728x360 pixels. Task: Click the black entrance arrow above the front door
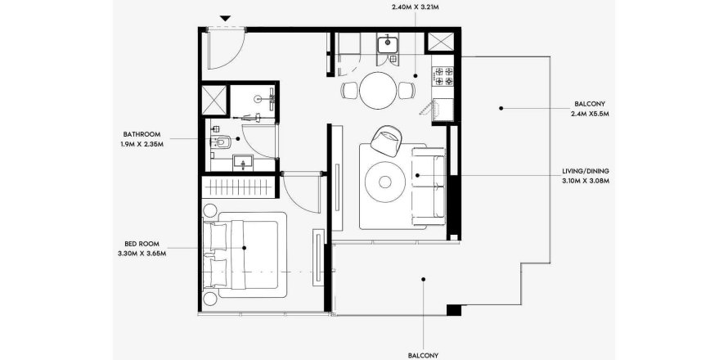point(225,18)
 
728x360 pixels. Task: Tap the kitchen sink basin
point(387,44)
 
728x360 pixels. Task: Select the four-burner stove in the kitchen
point(443,76)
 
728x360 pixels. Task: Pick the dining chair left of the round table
point(349,90)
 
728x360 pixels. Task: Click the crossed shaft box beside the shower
point(214,100)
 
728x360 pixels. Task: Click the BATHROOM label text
point(142,134)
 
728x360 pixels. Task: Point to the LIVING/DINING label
point(585,171)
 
